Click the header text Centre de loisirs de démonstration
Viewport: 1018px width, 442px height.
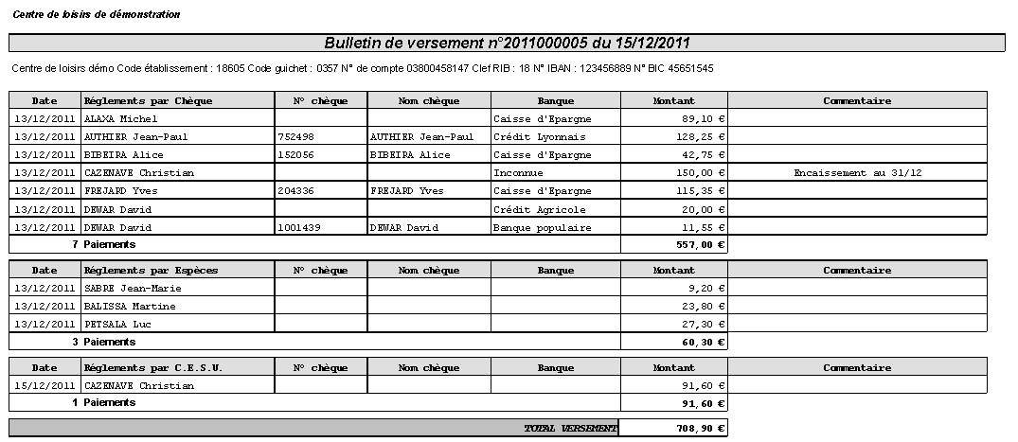pos(97,15)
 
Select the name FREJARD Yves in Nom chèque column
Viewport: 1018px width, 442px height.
pos(407,191)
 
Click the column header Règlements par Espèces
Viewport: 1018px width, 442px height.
pos(152,271)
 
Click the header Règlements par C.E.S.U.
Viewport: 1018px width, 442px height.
pos(153,368)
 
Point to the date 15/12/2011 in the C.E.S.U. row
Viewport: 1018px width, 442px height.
pos(45,386)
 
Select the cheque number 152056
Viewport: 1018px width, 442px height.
pos(296,155)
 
